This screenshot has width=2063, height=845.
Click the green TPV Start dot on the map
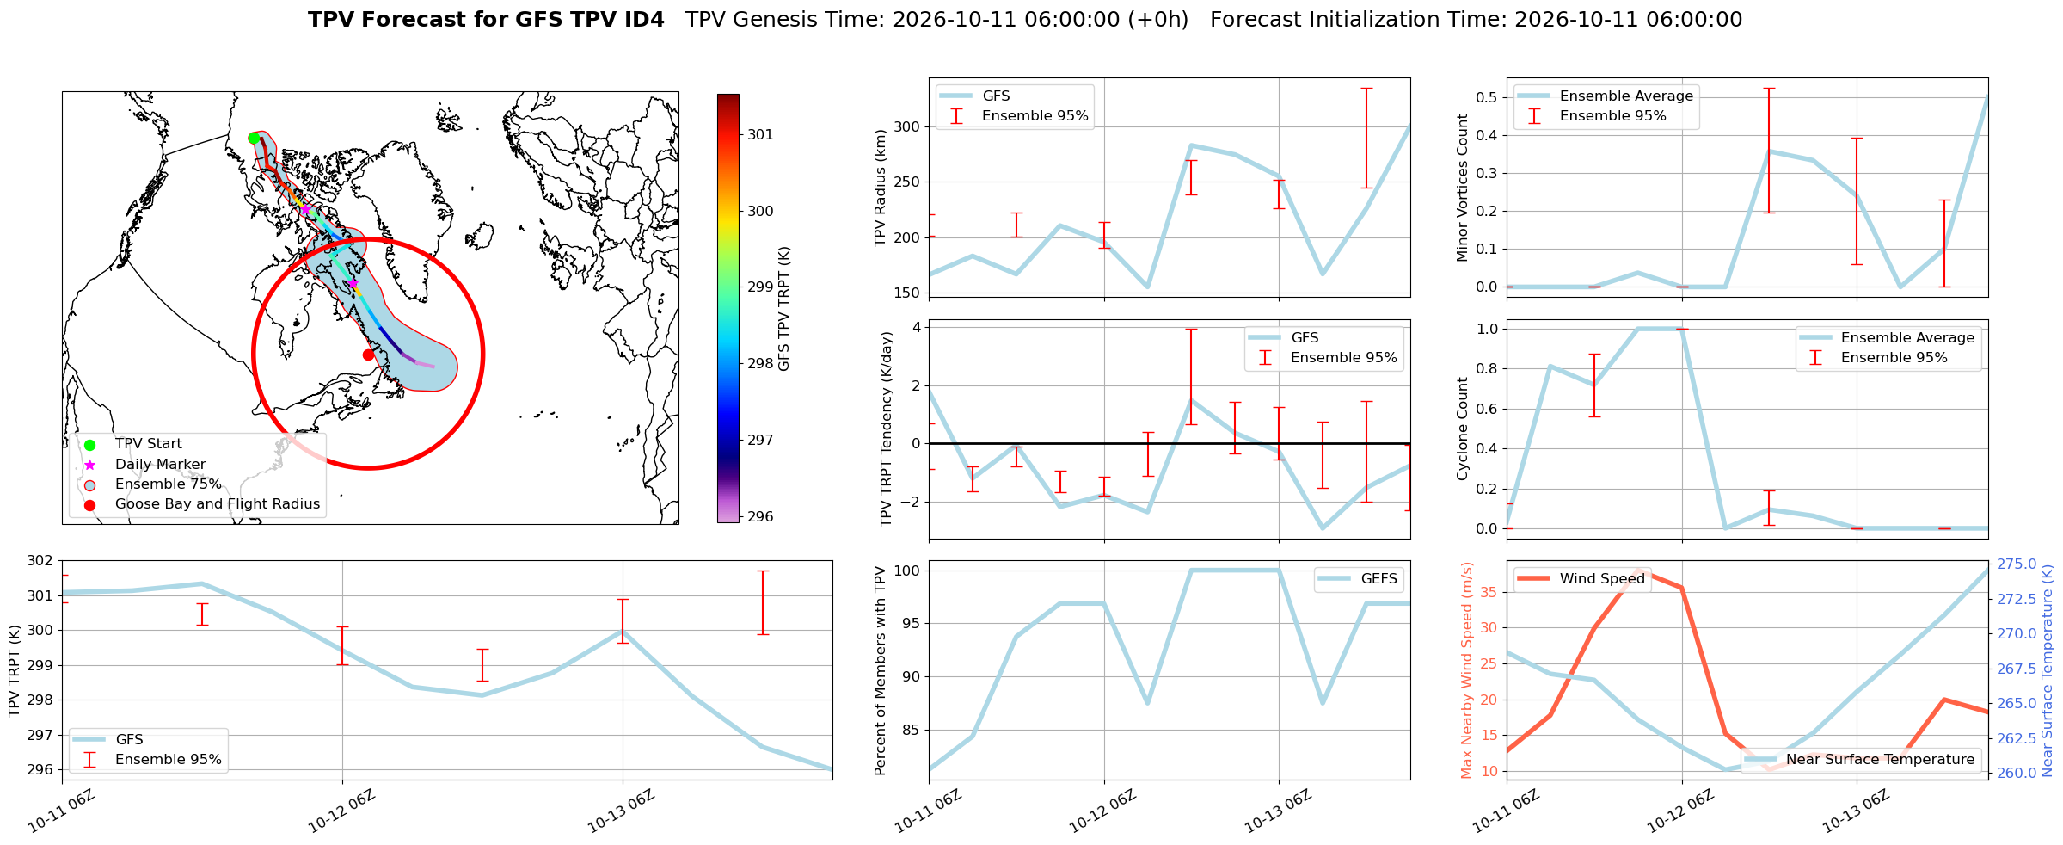pyautogui.click(x=254, y=138)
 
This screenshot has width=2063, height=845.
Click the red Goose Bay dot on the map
pyautogui.click(x=368, y=355)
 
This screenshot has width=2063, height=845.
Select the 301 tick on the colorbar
pyautogui.click(x=760, y=134)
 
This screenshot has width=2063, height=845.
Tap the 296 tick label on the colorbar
pyautogui.click(x=760, y=516)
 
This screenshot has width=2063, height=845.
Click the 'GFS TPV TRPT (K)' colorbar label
pyautogui.click(x=783, y=309)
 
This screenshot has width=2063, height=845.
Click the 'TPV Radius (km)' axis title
pyautogui.click(x=880, y=188)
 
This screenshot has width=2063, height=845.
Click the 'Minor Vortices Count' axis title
pyautogui.click(x=1463, y=188)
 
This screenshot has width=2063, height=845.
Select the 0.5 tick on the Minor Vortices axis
pyautogui.click(x=1485, y=97)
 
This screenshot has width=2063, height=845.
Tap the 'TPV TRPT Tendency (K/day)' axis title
pyautogui.click(x=887, y=429)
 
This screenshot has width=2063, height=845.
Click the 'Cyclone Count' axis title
pyautogui.click(x=1463, y=429)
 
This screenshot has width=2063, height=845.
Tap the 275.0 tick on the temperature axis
pyautogui.click(x=2017, y=564)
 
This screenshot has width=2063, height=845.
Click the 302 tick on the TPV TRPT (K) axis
pyautogui.click(x=40, y=561)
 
